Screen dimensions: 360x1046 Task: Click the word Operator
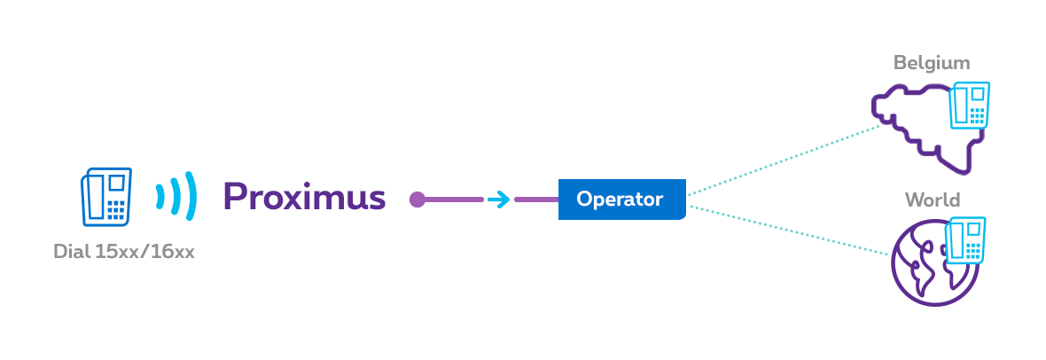click(619, 200)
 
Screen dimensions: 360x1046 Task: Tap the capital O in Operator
click(583, 200)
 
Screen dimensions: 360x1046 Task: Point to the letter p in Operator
click(597, 201)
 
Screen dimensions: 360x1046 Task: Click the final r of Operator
click(659, 200)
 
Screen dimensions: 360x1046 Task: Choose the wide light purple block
click(441, 177)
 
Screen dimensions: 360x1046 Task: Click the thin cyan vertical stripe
click(498, 177)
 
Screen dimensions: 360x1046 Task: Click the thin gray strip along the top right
click(895, 62)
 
